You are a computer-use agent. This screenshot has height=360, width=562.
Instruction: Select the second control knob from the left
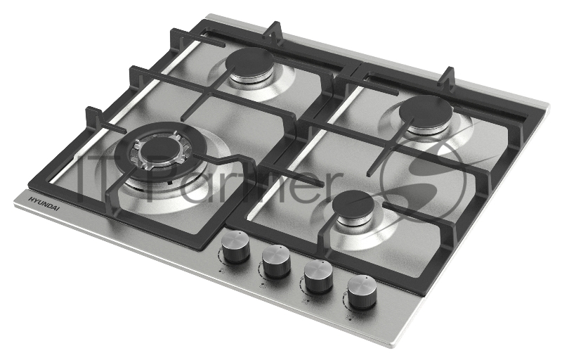coord(276,261)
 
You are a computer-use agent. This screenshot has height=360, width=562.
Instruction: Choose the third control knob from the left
coord(319,276)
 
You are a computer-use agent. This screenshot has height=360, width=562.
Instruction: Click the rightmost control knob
coord(362,292)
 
